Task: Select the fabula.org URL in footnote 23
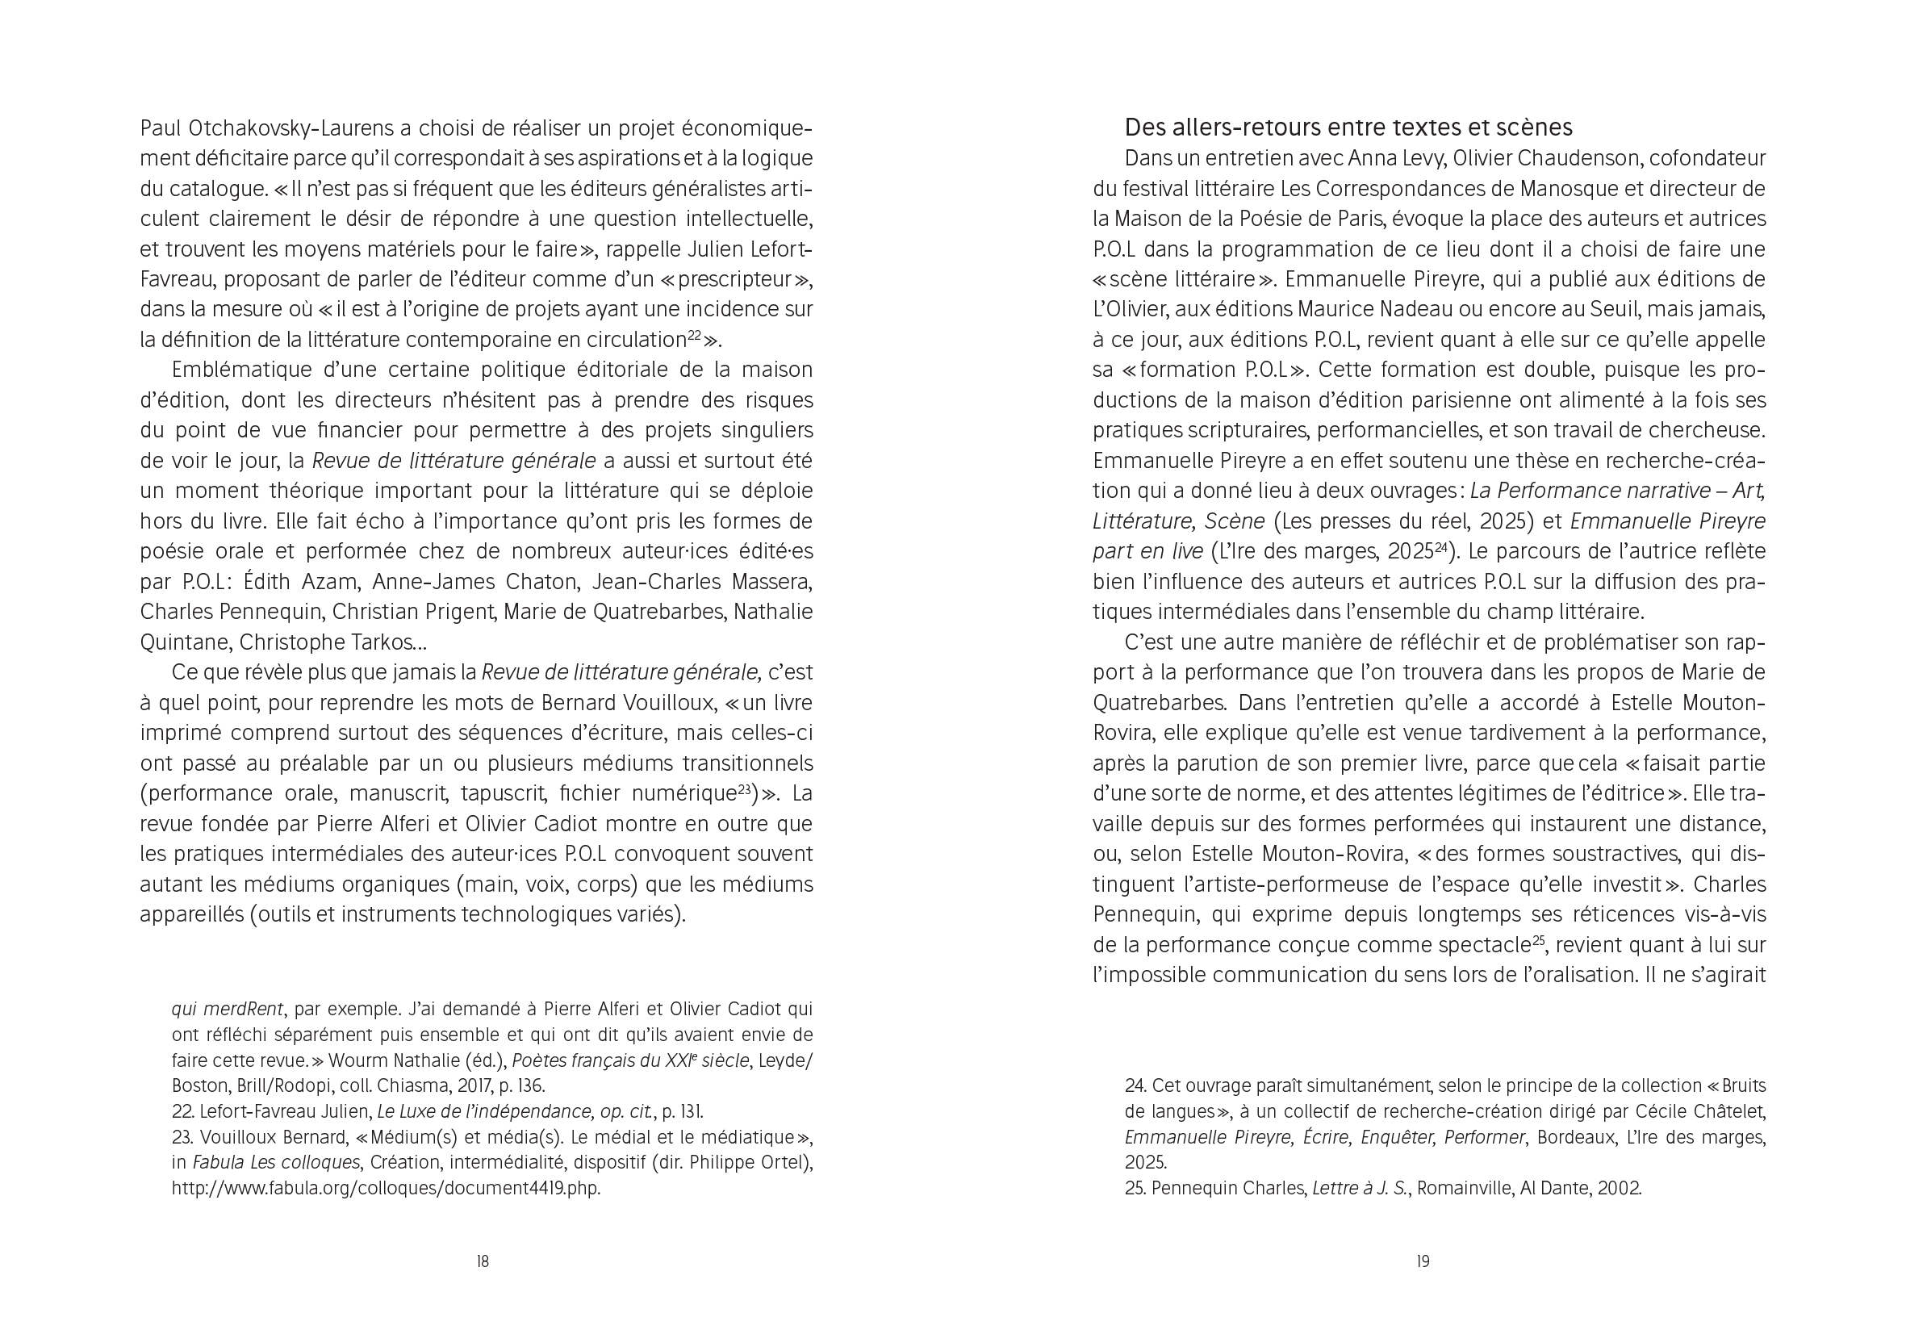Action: pyautogui.click(x=386, y=1188)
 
